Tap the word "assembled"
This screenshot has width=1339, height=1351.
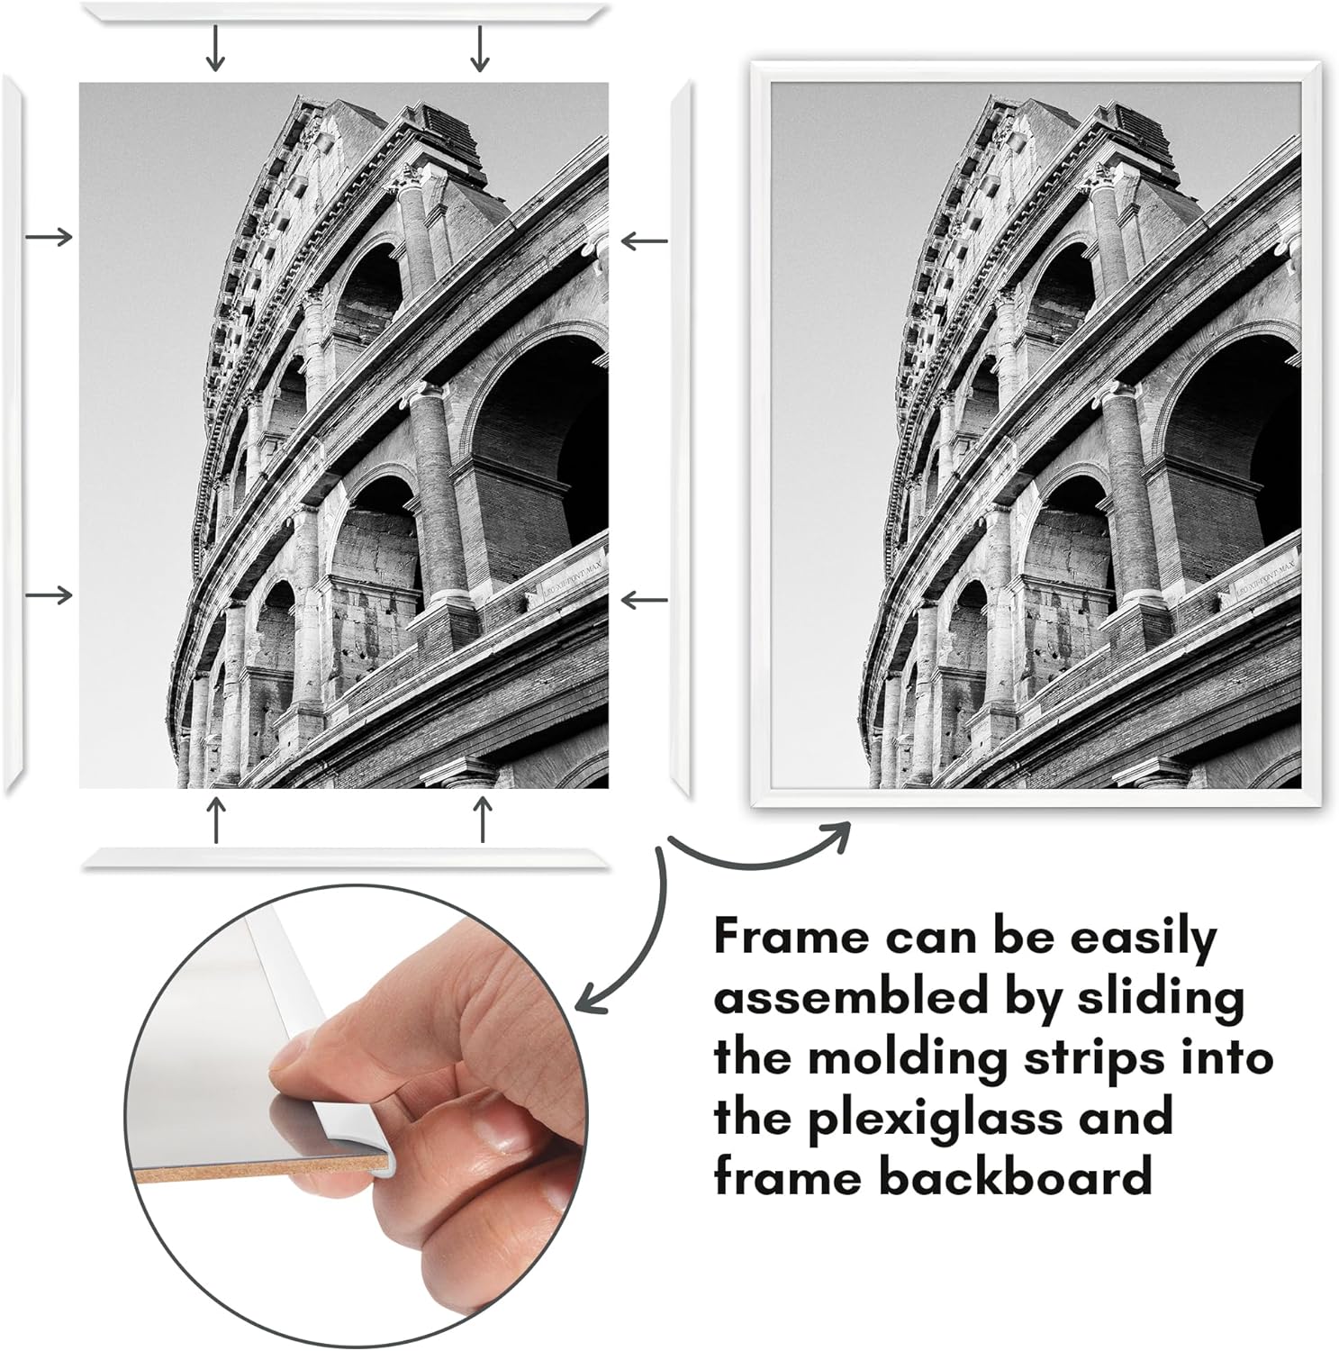point(841,998)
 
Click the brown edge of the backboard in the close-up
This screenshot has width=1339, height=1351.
point(261,1170)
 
